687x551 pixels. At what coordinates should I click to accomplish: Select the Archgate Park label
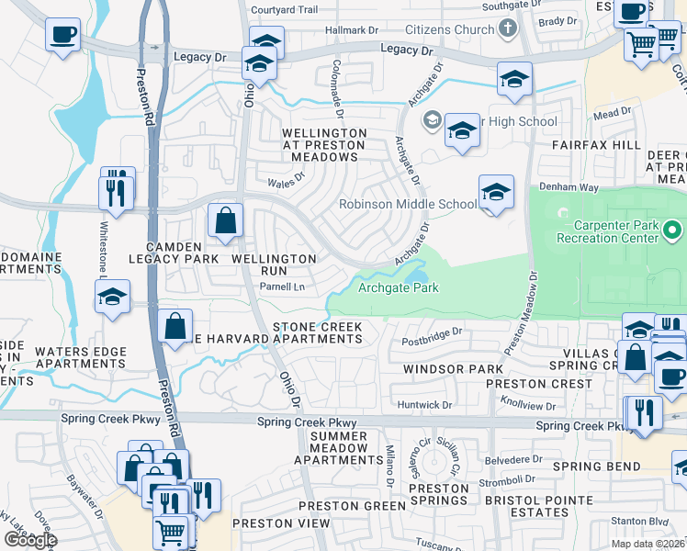pos(398,287)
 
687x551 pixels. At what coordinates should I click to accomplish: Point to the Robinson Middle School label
pos(409,204)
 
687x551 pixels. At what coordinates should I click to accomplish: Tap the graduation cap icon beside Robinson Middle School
pos(495,193)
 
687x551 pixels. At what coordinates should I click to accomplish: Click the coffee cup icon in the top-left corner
pos(62,35)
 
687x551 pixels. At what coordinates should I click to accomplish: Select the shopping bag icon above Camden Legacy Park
pos(225,221)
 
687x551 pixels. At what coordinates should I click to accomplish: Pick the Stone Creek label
pos(317,328)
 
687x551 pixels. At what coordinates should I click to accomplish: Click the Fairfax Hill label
pos(596,145)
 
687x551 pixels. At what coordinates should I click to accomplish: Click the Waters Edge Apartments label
pos(80,357)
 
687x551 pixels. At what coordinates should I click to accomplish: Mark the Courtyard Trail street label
pos(284,10)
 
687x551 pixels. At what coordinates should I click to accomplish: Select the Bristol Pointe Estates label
pos(527,506)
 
